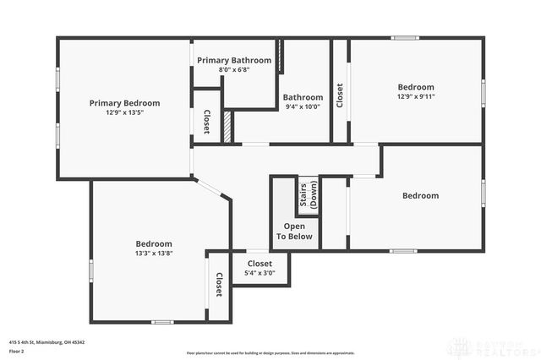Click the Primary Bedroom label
click(x=124, y=103)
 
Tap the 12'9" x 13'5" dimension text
click(x=124, y=112)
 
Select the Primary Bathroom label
click(x=234, y=61)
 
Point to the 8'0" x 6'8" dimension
click(x=234, y=70)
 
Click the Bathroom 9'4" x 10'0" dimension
click(x=303, y=106)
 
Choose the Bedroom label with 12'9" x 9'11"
click(x=416, y=87)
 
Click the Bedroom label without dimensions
click(x=420, y=196)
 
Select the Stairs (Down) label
click(x=308, y=195)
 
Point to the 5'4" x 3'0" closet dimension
click(x=260, y=273)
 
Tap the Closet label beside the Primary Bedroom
click(x=207, y=123)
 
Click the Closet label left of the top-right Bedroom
click(x=340, y=95)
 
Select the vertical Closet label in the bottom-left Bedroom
click(x=218, y=285)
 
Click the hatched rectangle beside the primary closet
click(x=227, y=127)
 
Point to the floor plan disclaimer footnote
click(x=270, y=352)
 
